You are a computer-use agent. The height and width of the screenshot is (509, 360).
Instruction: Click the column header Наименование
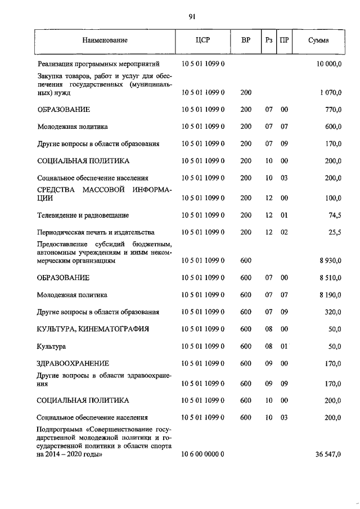coord(105,40)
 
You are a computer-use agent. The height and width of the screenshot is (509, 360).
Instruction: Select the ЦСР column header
coord(202,40)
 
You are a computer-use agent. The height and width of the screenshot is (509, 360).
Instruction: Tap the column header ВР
coord(246,40)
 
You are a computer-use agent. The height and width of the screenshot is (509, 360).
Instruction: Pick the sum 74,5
coord(334,215)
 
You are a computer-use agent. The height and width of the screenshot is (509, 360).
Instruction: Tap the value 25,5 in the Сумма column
coord(334,232)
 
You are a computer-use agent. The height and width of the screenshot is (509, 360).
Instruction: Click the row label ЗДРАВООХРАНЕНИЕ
coord(73,363)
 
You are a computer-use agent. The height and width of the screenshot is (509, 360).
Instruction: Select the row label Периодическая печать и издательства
coord(95,232)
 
